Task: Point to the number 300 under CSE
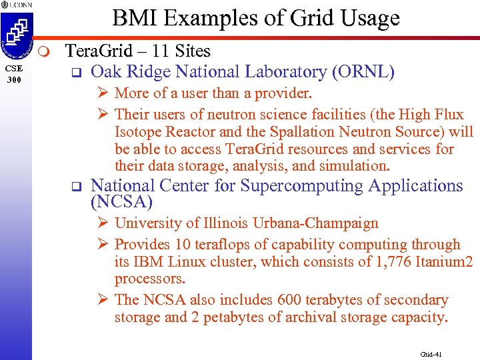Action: pyautogui.click(x=15, y=80)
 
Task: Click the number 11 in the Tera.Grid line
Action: pyautogui.click(x=161, y=51)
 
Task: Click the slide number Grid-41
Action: pyautogui.click(x=431, y=353)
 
